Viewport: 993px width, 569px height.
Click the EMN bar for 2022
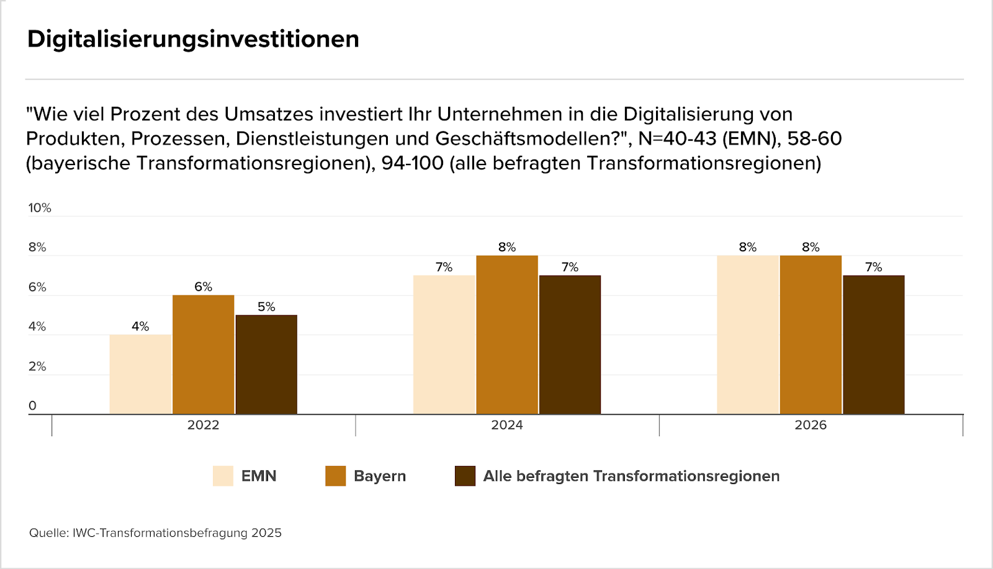coord(140,374)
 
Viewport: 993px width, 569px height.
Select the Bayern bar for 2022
coord(204,354)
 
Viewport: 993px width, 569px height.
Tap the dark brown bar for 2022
coord(266,364)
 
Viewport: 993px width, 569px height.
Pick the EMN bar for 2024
coord(444,344)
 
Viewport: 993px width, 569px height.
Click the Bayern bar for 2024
coord(507,334)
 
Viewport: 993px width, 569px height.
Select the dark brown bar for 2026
coord(873,344)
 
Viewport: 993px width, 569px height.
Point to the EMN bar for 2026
coord(747,334)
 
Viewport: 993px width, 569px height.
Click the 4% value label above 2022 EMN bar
coord(140,326)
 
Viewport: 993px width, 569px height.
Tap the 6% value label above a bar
coord(204,287)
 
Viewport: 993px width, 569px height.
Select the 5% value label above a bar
coord(266,307)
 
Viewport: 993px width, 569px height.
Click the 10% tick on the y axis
coord(40,208)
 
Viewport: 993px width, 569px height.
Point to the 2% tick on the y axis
coord(37,366)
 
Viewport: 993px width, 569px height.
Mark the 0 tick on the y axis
coord(32,406)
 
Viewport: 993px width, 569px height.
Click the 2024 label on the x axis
coord(507,425)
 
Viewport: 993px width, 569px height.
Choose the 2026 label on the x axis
coord(811,425)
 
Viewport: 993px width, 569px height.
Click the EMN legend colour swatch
coord(223,476)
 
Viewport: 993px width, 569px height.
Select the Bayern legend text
coord(380,476)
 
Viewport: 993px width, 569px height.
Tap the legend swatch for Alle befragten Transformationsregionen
coord(465,476)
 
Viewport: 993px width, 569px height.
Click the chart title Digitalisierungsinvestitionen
coord(193,39)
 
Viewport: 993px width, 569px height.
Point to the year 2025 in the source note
coord(266,533)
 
